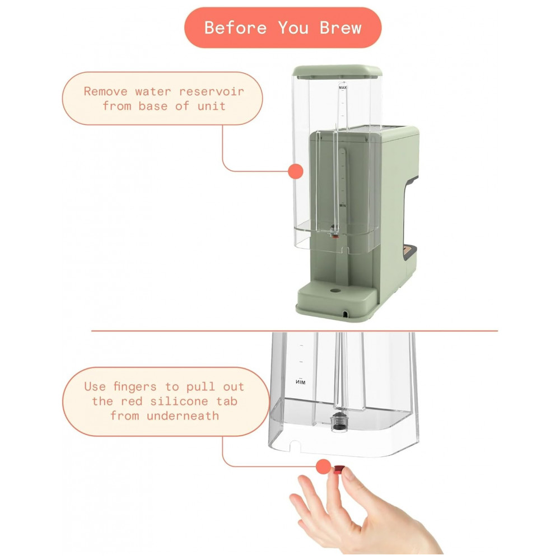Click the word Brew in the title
pyautogui.click(x=340, y=28)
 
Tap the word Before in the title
pyautogui.click(x=235, y=28)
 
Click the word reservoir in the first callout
pyautogui.click(x=212, y=91)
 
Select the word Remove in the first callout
pyautogui.click(x=106, y=91)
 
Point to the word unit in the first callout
pyautogui.click(x=212, y=106)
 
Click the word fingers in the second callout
pyautogui.click(x=135, y=387)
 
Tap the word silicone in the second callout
pyautogui.click(x=179, y=402)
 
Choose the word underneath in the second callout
pyautogui.click(x=183, y=416)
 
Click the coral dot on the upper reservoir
pyautogui.click(x=296, y=171)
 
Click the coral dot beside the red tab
pyautogui.click(x=324, y=466)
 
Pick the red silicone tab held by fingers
pyautogui.click(x=339, y=469)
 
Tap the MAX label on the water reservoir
pyautogui.click(x=343, y=87)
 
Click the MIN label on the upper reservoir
pyautogui.click(x=343, y=206)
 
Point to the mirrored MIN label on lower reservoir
pyautogui.click(x=300, y=382)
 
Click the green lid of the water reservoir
pyautogui.click(x=337, y=71)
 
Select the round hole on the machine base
pyautogui.click(x=335, y=290)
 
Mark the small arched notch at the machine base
pyautogui.click(x=345, y=314)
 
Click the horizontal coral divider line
pyautogui.click(x=295, y=331)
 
